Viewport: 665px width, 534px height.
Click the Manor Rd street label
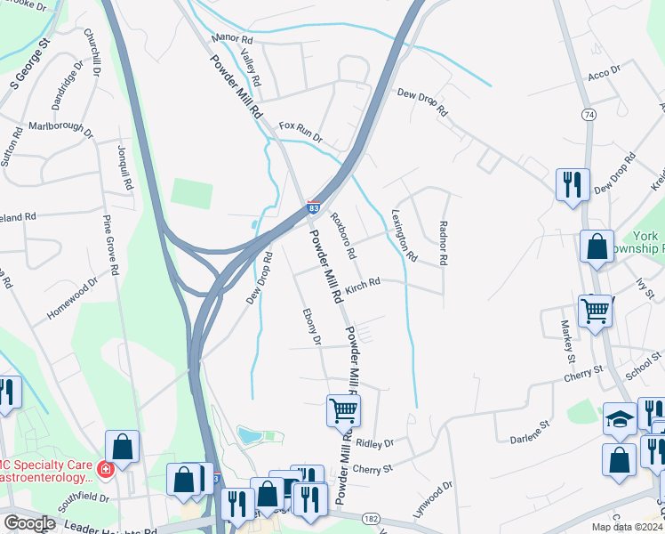(234, 40)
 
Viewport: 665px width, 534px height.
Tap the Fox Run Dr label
(300, 133)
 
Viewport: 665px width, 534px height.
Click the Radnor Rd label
(442, 243)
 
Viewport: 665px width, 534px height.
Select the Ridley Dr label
(375, 442)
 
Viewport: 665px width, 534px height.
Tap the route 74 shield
(588, 115)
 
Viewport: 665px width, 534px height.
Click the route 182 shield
(370, 517)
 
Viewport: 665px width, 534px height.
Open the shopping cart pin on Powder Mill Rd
(343, 411)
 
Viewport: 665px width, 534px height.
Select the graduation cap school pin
(621, 419)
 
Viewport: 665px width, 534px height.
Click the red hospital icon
(105, 468)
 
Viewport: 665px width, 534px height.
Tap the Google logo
(29, 523)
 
